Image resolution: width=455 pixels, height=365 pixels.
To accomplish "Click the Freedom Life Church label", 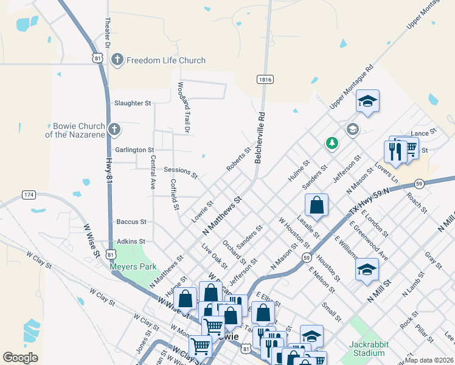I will tap(165, 60).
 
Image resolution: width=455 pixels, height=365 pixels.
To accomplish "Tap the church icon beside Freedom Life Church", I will tap(117, 60).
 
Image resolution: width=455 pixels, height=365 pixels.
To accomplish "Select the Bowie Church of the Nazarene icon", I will tap(114, 129).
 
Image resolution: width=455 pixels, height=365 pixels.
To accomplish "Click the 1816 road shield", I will tap(265, 80).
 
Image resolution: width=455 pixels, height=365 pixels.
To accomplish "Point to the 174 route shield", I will tap(28, 195).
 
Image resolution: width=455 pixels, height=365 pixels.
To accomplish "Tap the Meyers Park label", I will tap(133, 266).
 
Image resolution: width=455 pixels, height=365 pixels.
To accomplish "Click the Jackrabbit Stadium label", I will tap(367, 349).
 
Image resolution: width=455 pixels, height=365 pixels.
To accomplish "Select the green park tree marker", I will tap(332, 143).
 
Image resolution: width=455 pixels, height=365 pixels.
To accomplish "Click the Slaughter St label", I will tap(133, 103).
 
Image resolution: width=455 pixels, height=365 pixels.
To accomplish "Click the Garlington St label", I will tap(134, 150).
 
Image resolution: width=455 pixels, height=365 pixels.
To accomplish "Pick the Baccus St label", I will tap(131, 222).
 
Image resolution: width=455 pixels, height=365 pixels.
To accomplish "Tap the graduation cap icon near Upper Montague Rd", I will tap(367, 100).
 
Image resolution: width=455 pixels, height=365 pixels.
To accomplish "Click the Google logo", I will tap(20, 358).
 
